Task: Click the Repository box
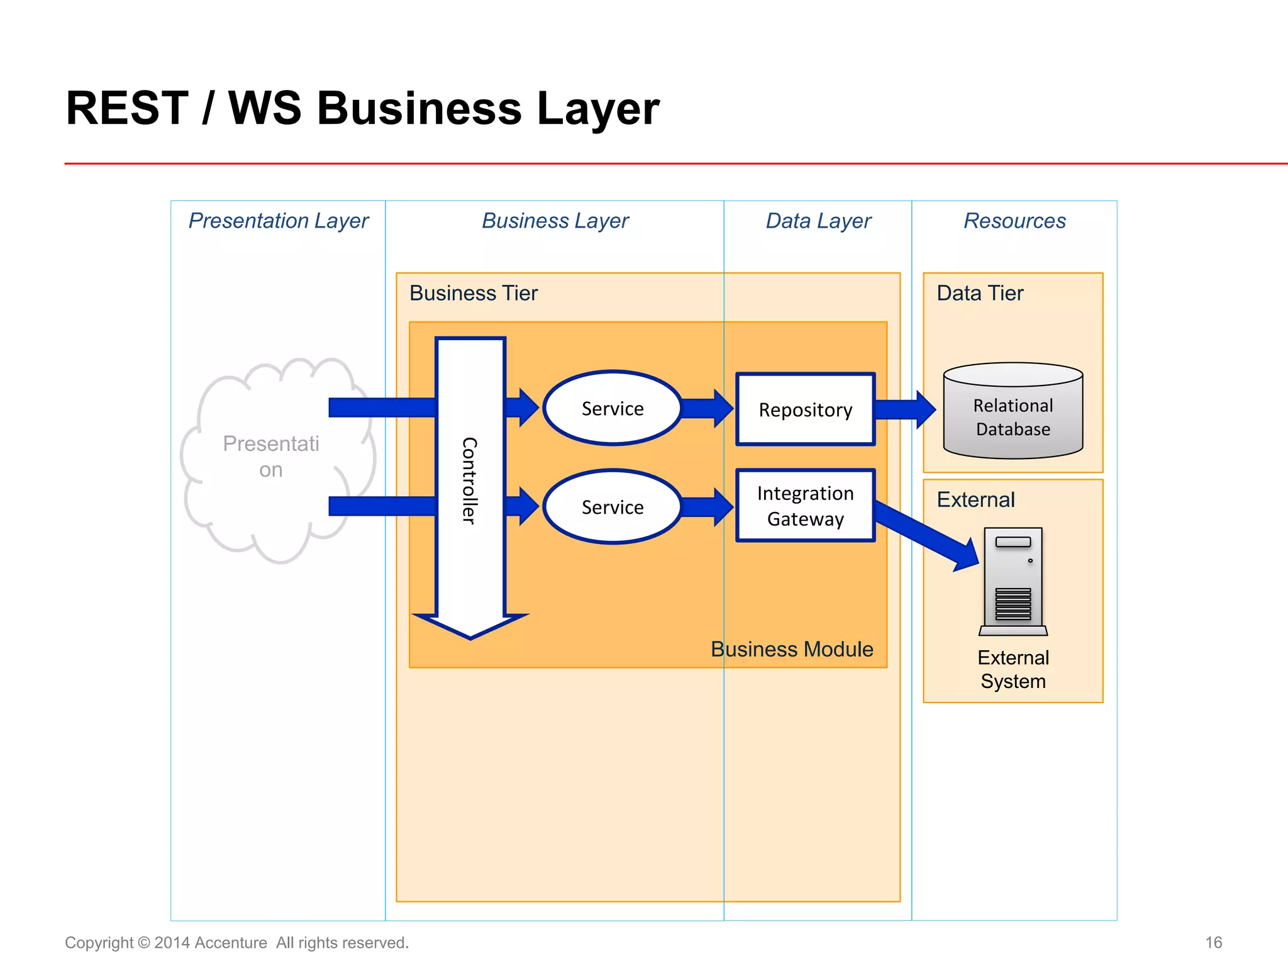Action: (805, 409)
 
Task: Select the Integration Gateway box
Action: (805, 506)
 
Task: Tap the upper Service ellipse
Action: (612, 408)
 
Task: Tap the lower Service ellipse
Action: (612, 507)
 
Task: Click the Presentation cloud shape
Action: (270, 457)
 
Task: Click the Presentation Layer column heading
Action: (278, 221)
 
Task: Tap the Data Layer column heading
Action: (818, 221)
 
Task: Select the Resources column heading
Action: (1014, 221)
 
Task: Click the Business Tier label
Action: (473, 293)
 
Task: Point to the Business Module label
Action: (791, 649)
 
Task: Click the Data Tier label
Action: (980, 293)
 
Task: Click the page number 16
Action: (1213, 942)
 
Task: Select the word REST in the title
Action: (127, 108)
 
